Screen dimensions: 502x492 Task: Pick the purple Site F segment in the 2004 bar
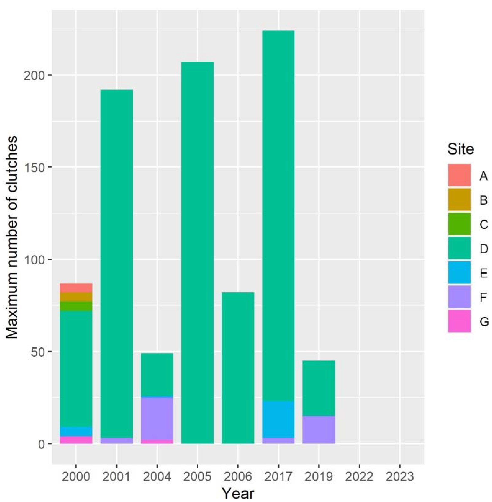point(157,418)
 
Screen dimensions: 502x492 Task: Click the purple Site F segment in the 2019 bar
point(319,430)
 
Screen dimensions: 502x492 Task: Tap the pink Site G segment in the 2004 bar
point(157,441)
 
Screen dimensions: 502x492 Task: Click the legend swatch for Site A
point(459,175)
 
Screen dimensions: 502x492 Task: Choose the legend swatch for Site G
point(459,321)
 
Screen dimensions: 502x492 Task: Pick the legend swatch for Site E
point(459,272)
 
